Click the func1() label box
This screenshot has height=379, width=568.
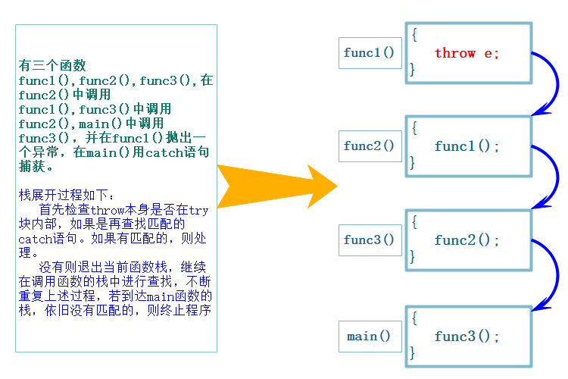point(369,53)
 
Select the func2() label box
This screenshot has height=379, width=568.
point(369,146)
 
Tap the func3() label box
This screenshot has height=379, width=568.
point(369,240)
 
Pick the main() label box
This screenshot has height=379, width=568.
point(369,337)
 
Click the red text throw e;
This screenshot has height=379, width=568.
point(467,53)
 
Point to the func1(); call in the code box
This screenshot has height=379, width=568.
point(467,146)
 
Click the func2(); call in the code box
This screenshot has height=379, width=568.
point(467,240)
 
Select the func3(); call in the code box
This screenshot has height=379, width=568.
point(467,337)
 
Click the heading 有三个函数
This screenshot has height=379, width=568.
point(53,65)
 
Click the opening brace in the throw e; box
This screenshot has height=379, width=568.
point(414,35)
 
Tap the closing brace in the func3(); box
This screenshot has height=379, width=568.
point(413,353)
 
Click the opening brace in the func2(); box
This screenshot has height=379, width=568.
point(414,222)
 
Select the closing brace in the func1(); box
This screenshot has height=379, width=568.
point(413,163)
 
